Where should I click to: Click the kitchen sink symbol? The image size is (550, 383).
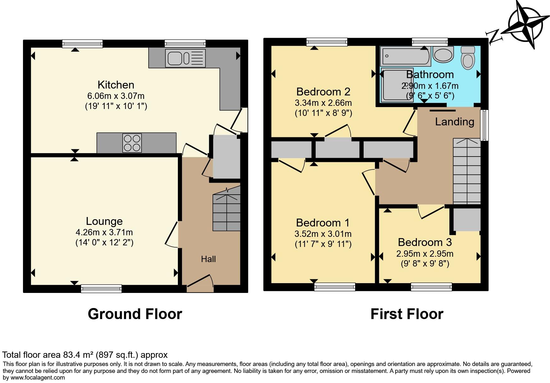(x=185, y=58)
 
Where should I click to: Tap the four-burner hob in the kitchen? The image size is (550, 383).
(x=132, y=143)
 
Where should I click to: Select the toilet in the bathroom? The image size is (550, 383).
(x=467, y=58)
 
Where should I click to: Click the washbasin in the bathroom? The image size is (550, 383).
(x=443, y=54)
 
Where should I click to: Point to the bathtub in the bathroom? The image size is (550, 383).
(x=405, y=56)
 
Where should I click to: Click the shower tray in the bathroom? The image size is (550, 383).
(x=397, y=85)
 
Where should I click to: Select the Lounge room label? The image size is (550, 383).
(x=104, y=221)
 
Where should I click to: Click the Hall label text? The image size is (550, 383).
(x=208, y=259)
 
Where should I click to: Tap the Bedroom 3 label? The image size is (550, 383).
(x=424, y=242)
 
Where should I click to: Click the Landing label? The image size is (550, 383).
(x=454, y=122)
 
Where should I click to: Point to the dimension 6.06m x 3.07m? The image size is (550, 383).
(x=116, y=96)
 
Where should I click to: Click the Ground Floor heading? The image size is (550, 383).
(x=135, y=314)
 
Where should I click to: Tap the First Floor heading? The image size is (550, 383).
(x=407, y=314)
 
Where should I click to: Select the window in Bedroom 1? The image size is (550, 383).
(x=335, y=286)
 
